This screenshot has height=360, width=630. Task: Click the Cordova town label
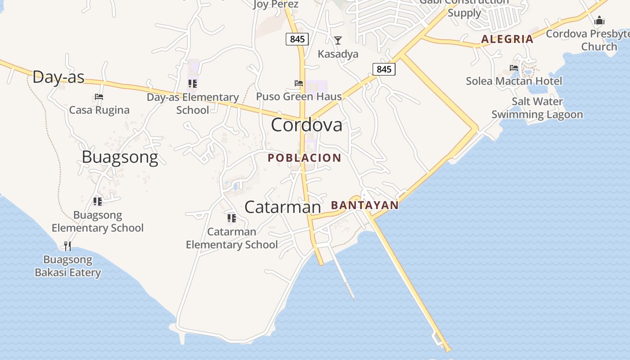(306, 125)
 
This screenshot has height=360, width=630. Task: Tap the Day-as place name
(58, 77)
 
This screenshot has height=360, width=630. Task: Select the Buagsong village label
(120, 157)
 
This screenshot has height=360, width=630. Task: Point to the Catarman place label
(283, 207)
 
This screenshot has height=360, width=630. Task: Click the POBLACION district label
(304, 158)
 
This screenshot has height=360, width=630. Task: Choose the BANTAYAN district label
(364, 205)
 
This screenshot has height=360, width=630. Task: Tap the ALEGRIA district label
(507, 39)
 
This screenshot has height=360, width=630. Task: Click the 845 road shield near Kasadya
(297, 39)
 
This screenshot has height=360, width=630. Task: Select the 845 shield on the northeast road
(384, 69)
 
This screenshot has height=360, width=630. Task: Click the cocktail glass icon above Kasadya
(337, 40)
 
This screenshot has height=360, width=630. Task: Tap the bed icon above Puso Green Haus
(298, 83)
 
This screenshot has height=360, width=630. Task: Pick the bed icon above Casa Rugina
(99, 97)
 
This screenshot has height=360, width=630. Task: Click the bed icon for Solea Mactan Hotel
(514, 68)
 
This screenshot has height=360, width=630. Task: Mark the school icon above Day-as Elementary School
(193, 84)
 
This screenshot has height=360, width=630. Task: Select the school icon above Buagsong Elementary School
(98, 201)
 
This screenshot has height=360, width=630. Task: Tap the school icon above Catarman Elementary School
(232, 218)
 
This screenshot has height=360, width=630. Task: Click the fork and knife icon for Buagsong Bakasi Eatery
(67, 246)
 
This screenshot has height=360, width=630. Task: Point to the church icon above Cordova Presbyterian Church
(599, 20)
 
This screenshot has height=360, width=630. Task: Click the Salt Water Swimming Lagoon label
(537, 108)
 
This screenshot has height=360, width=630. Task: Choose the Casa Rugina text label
(99, 110)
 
